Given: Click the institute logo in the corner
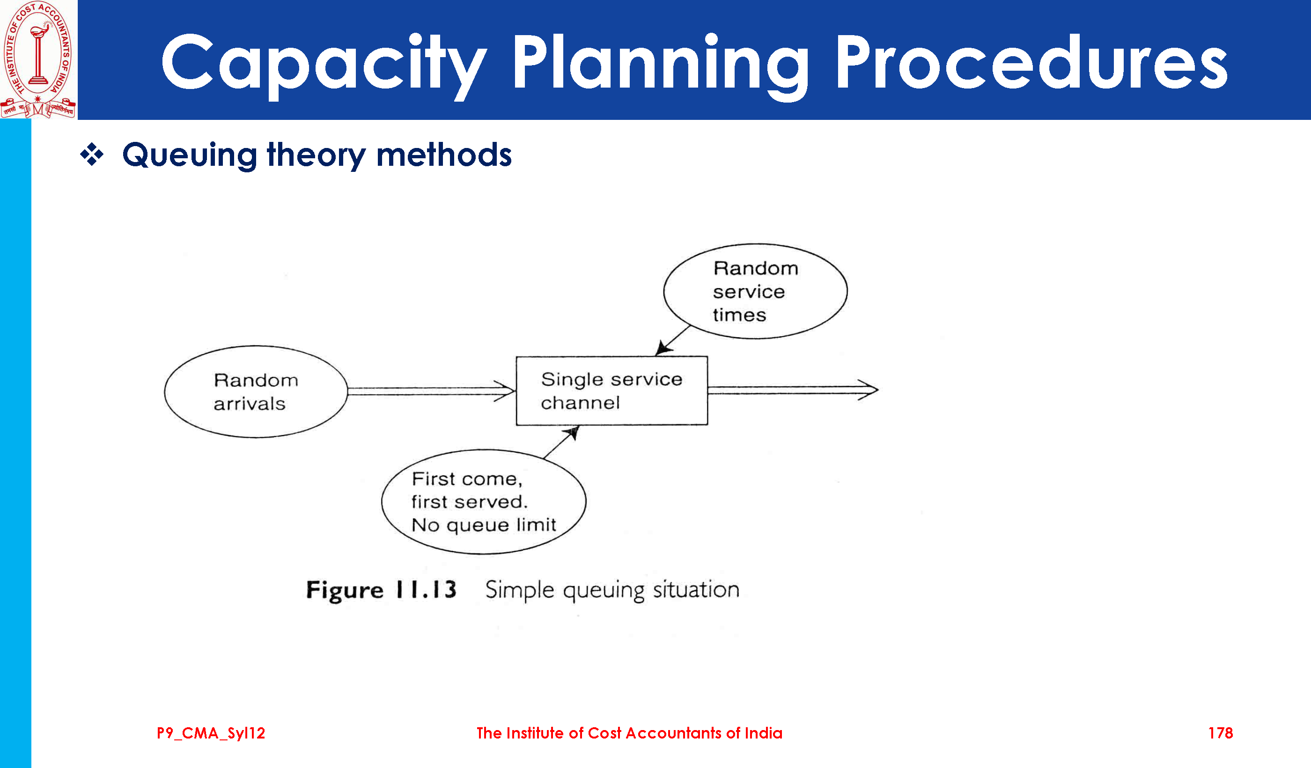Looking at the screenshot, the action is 38,59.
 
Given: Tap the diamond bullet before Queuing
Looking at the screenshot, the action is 92,155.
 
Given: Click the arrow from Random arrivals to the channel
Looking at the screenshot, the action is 431,391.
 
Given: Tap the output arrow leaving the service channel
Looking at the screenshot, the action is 793,390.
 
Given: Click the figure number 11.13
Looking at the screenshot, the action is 426,590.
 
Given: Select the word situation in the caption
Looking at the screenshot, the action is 696,590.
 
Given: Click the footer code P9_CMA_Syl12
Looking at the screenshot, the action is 211,733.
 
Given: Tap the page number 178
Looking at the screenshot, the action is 1221,733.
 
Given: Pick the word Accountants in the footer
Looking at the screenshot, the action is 674,733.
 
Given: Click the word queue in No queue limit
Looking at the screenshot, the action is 478,526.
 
